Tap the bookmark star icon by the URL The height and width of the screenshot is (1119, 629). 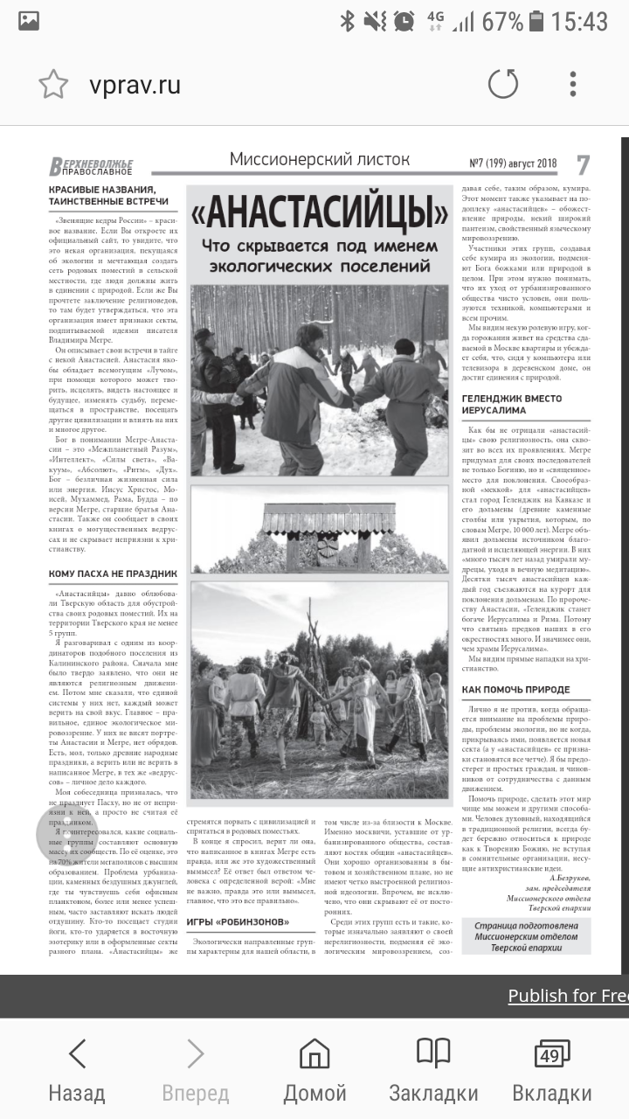tap(53, 85)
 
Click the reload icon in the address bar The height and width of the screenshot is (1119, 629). tap(502, 85)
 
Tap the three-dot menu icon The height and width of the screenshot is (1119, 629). tap(573, 85)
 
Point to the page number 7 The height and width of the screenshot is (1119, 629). tap(583, 164)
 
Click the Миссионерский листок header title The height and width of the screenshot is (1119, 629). tap(319, 159)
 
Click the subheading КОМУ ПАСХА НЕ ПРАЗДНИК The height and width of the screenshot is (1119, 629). tap(113, 574)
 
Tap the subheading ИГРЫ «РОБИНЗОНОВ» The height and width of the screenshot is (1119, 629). tap(238, 921)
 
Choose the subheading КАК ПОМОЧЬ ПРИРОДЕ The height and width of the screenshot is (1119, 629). tap(515, 690)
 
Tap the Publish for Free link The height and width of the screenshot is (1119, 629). tap(568, 996)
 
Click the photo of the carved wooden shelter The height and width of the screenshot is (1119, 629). tap(319, 529)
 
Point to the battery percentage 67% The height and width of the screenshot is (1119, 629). tap(501, 21)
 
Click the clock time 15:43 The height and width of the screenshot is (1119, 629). tap(579, 21)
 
